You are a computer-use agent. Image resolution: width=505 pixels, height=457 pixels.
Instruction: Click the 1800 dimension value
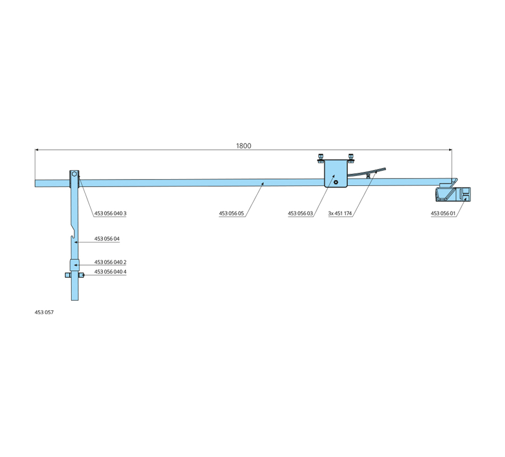243,146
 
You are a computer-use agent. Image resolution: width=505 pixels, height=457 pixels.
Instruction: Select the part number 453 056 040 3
110,213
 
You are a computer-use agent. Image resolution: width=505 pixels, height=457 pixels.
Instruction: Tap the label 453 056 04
107,239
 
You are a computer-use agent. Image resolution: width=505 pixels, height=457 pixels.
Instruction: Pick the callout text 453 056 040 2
110,262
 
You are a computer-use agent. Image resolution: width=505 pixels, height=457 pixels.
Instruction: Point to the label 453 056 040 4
110,272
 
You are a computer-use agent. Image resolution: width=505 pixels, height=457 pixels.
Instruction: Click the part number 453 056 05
231,213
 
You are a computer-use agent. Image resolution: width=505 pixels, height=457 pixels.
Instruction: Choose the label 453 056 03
300,213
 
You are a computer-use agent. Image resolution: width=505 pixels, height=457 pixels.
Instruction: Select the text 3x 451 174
341,213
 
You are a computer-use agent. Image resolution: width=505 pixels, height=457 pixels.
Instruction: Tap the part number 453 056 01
443,213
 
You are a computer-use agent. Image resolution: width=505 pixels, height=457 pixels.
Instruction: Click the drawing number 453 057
44,312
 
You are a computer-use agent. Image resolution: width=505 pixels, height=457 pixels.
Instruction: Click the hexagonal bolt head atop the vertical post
74,173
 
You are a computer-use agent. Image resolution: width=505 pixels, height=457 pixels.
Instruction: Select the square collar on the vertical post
74,265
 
